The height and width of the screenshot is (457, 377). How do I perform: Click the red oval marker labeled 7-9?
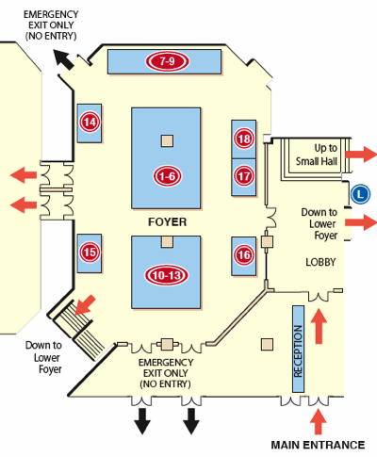(167, 61)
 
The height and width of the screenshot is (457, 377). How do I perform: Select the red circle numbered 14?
(90, 122)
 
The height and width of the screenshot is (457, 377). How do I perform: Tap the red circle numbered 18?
(244, 139)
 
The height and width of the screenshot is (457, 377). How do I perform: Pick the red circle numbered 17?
(244, 176)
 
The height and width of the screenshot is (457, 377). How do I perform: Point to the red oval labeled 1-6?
(167, 176)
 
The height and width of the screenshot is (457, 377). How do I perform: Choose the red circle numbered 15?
(90, 253)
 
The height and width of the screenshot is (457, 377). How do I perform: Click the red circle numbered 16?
(244, 254)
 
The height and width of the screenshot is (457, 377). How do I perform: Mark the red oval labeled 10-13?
(166, 275)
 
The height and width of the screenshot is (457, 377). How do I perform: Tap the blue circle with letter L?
(360, 194)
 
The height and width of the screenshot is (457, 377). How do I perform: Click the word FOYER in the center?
(167, 222)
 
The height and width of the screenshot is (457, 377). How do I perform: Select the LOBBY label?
(320, 262)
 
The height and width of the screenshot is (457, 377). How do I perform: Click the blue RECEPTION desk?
(298, 349)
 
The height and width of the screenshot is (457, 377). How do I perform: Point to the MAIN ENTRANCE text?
(318, 445)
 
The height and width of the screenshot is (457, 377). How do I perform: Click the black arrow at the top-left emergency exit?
(63, 59)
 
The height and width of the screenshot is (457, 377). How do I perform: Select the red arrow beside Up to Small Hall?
(360, 155)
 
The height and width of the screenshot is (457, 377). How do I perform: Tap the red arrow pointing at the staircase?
(85, 304)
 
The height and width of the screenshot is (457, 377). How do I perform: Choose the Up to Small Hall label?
(317, 155)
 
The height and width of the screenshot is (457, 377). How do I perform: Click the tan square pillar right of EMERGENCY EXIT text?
(267, 345)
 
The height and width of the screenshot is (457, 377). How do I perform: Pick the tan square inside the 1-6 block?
(167, 140)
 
